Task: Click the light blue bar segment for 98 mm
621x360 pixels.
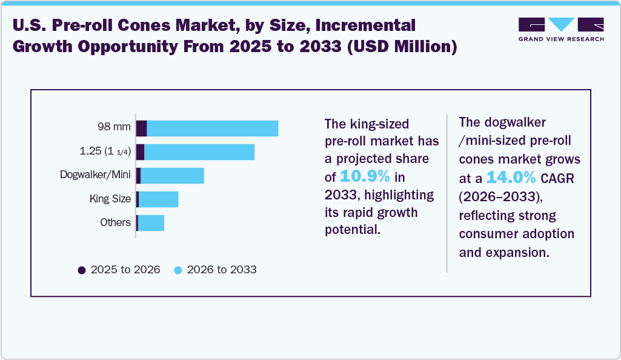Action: tap(213, 128)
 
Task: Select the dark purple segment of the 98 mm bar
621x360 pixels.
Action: tap(141, 128)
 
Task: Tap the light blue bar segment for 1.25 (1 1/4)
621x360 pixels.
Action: tap(199, 152)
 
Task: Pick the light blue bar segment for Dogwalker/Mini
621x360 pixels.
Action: tap(172, 176)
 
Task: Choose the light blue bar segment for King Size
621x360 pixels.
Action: tap(159, 199)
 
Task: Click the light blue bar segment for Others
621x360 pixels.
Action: tap(151, 222)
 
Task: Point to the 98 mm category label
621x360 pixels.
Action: tap(114, 127)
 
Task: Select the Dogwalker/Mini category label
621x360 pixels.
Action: tap(95, 175)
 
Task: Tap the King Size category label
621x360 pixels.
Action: tap(110, 198)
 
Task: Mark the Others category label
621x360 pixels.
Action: tap(115, 222)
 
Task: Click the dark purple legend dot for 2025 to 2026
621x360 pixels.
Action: tap(82, 270)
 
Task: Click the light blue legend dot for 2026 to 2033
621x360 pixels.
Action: tap(178, 270)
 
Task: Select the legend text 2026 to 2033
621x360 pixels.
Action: tap(222, 270)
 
